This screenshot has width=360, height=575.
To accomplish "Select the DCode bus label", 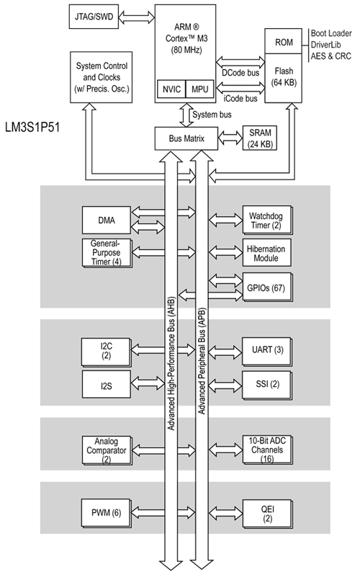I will pyautogui.click(x=240, y=71).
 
